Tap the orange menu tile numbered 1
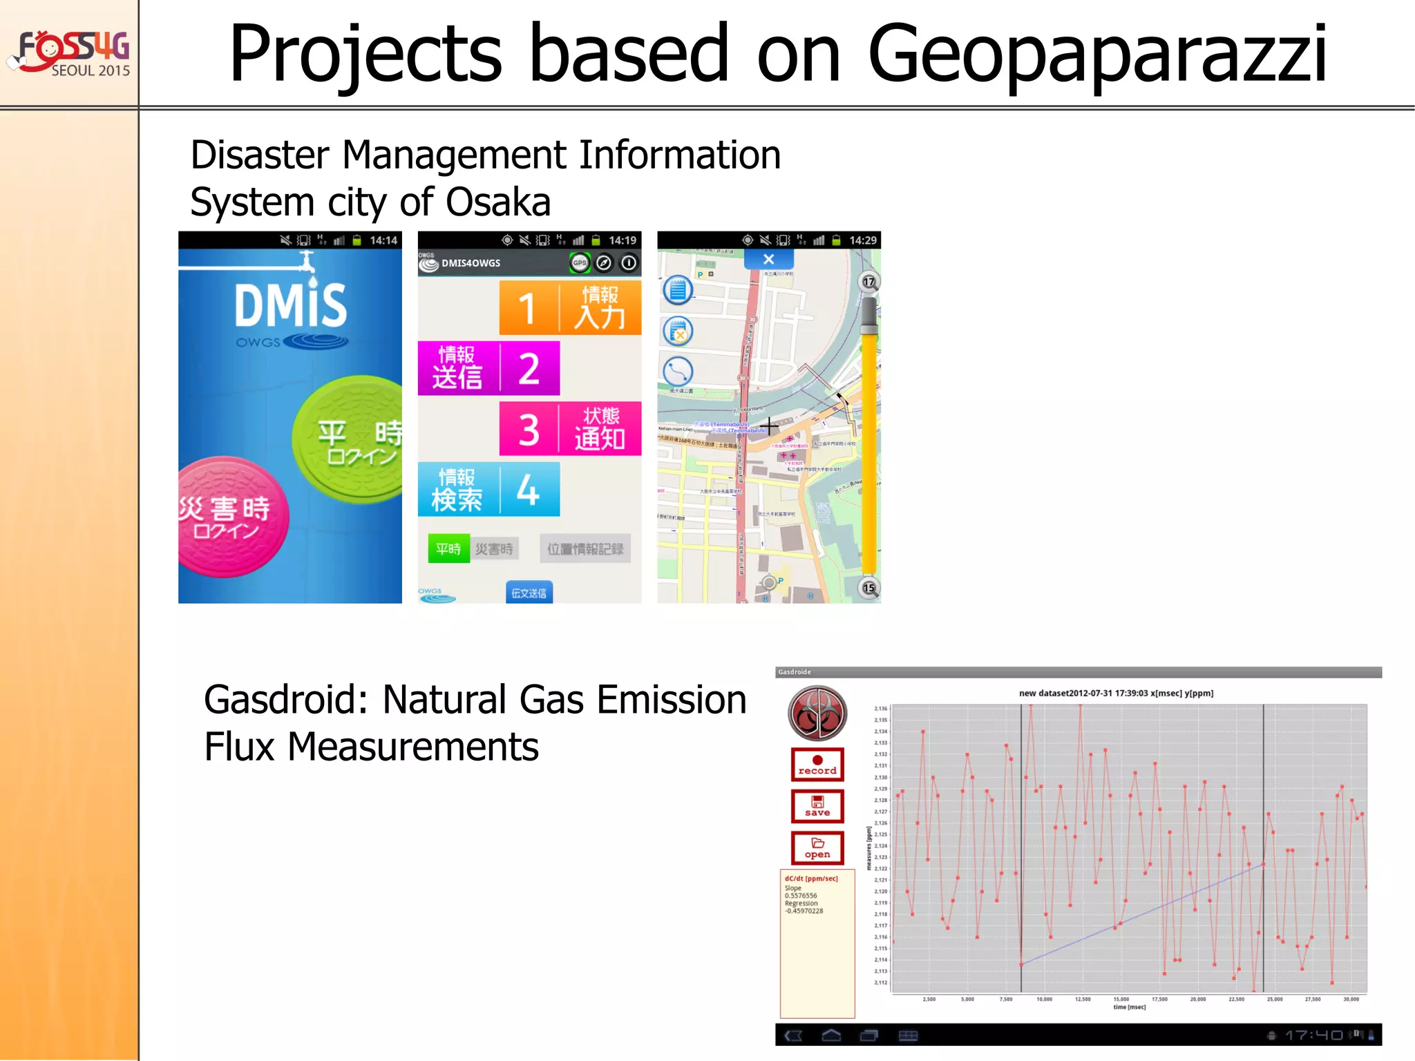pos(570,307)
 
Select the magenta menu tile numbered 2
pos(488,368)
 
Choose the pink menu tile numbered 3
pos(570,428)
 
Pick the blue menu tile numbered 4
pos(488,489)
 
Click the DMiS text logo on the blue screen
pos(290,305)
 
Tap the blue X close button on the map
pos(768,260)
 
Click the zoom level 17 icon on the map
pos(868,281)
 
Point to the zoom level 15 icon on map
pos(868,588)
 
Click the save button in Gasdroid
pos(817,806)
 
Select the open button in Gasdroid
pos(817,848)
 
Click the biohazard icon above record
pos(817,713)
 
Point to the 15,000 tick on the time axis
pos(1121,999)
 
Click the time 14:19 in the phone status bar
pos(622,240)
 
